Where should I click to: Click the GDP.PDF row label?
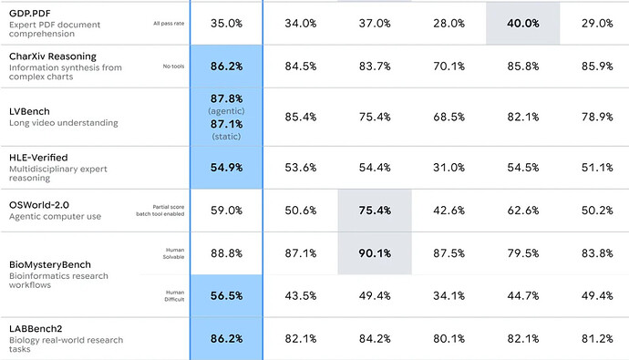pos(30,14)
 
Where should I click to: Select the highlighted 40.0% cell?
pos(522,24)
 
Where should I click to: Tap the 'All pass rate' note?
pos(169,24)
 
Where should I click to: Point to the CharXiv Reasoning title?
pos(53,57)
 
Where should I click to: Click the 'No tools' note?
pos(173,67)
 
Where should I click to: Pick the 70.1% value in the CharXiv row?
pos(449,67)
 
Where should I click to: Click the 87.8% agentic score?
pos(226,98)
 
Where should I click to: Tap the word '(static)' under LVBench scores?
pos(226,137)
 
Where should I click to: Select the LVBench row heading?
pos(29,111)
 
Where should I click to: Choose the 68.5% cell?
pos(449,117)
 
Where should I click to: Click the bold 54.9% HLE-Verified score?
pos(226,168)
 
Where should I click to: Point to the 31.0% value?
pos(449,168)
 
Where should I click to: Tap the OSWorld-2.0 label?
pos(39,205)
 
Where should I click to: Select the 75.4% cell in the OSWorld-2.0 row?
pos(375,211)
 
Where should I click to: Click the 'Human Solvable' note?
pos(173,253)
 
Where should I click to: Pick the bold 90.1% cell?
pos(375,253)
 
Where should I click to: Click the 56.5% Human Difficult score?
pos(226,296)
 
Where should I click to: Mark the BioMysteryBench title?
pos(50,264)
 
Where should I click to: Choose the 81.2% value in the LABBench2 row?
pos(597,339)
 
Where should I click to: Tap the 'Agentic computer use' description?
pos(55,217)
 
